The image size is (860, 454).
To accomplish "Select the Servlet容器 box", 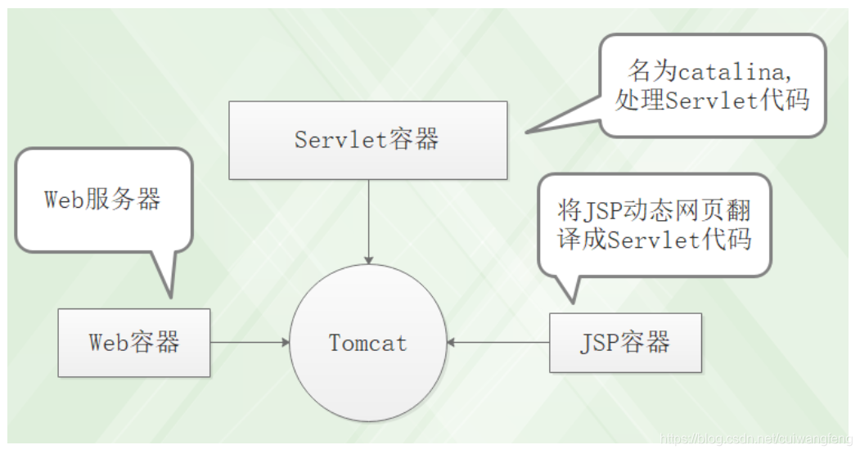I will [x=367, y=140].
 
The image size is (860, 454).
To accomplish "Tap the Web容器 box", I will [x=134, y=342].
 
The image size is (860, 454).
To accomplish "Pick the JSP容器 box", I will [x=625, y=342].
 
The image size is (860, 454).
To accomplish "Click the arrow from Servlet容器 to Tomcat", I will [x=368, y=221].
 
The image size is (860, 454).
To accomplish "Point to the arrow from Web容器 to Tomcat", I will [x=250, y=342].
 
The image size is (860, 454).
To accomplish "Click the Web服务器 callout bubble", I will [x=102, y=199].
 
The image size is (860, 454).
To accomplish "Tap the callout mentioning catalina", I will [x=711, y=85].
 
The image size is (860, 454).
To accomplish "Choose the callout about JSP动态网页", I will [x=653, y=226].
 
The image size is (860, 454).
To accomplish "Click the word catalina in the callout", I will [x=733, y=72].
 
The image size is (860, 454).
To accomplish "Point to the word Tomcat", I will [x=368, y=343].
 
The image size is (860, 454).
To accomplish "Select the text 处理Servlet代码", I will [x=711, y=100].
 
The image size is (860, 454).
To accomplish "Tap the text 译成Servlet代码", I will [x=653, y=240].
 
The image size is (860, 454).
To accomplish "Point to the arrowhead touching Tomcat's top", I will [x=368, y=259].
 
